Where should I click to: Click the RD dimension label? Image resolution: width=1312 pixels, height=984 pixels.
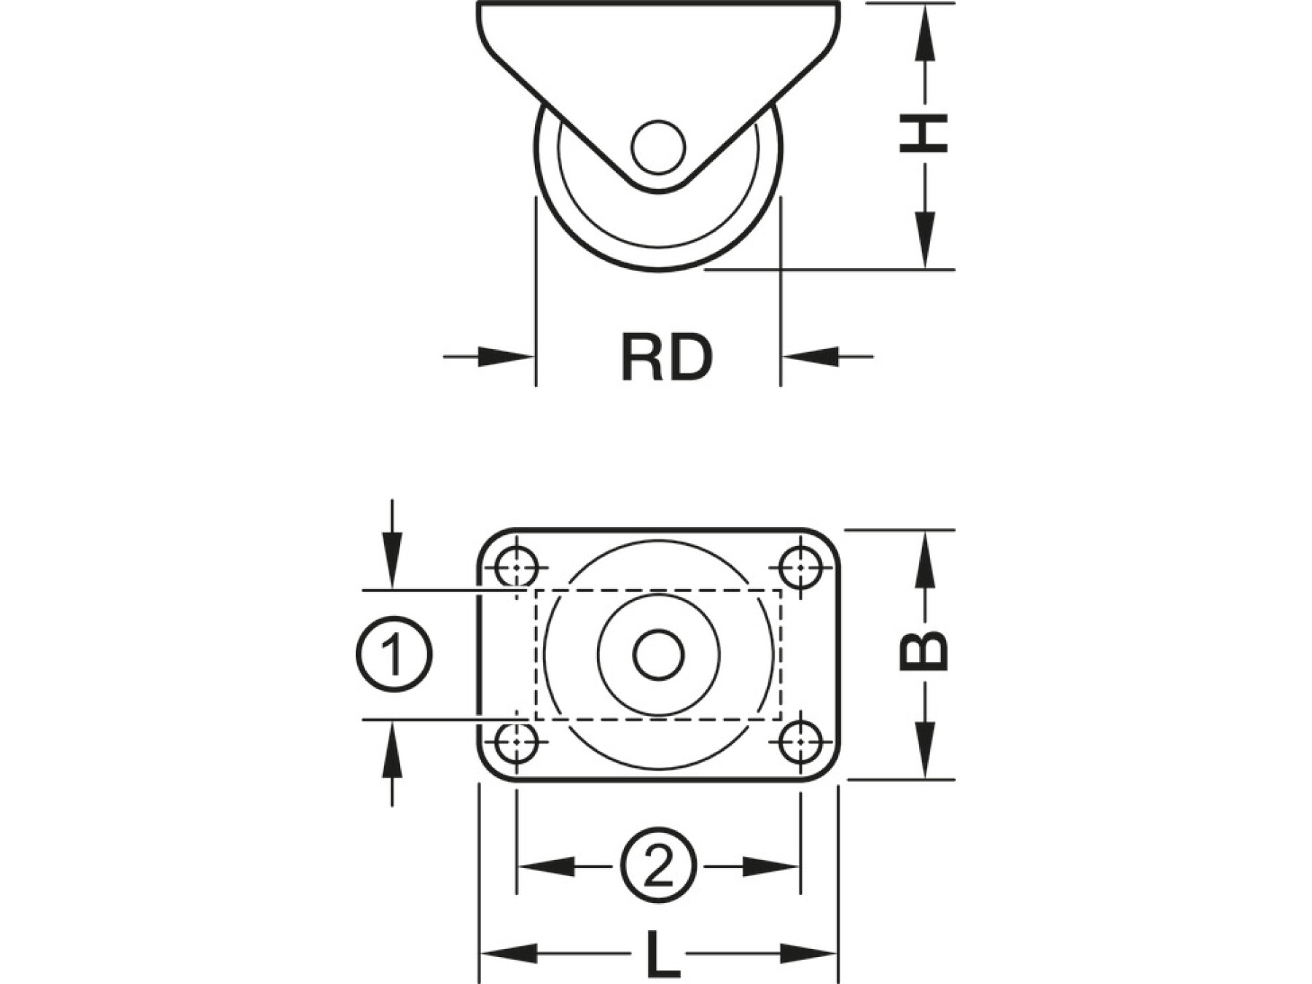coord(666,357)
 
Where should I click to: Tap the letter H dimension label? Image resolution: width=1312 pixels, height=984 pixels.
coord(924,133)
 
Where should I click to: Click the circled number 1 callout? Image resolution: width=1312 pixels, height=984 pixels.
coord(394,654)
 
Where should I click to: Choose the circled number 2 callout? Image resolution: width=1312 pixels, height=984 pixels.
coord(658,867)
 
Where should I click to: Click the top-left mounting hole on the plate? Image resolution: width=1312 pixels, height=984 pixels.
coord(516,566)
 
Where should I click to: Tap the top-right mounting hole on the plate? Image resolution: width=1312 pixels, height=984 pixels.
coord(800,566)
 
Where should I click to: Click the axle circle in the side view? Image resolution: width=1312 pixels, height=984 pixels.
coord(658,147)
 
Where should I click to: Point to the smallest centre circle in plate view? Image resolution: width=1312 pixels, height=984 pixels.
coord(658,654)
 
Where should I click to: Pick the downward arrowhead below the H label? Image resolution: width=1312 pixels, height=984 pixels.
coord(924,241)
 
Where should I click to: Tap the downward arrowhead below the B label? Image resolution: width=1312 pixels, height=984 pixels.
coord(924,751)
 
